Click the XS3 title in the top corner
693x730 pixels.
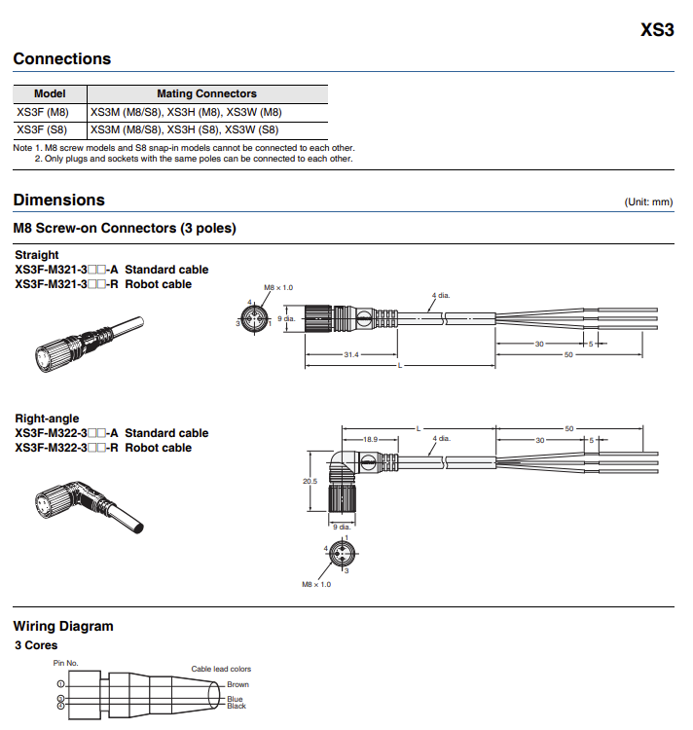tap(657, 29)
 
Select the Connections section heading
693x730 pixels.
tap(62, 59)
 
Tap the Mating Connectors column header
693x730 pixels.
tap(206, 94)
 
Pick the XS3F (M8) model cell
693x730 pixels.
tap(43, 112)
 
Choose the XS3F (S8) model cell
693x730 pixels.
tap(43, 128)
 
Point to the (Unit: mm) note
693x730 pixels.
tap(648, 202)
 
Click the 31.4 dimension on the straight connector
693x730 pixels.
tap(350, 355)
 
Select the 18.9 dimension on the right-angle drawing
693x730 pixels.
tap(370, 440)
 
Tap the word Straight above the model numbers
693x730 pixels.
tap(37, 255)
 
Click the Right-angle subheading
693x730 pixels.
tap(48, 419)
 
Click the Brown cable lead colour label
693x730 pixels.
tap(237, 684)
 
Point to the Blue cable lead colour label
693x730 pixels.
tap(235, 698)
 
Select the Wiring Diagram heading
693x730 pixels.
tap(63, 626)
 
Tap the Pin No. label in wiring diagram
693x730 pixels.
tap(65, 663)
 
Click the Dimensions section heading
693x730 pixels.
tap(59, 201)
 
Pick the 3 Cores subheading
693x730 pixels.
tap(36, 645)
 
